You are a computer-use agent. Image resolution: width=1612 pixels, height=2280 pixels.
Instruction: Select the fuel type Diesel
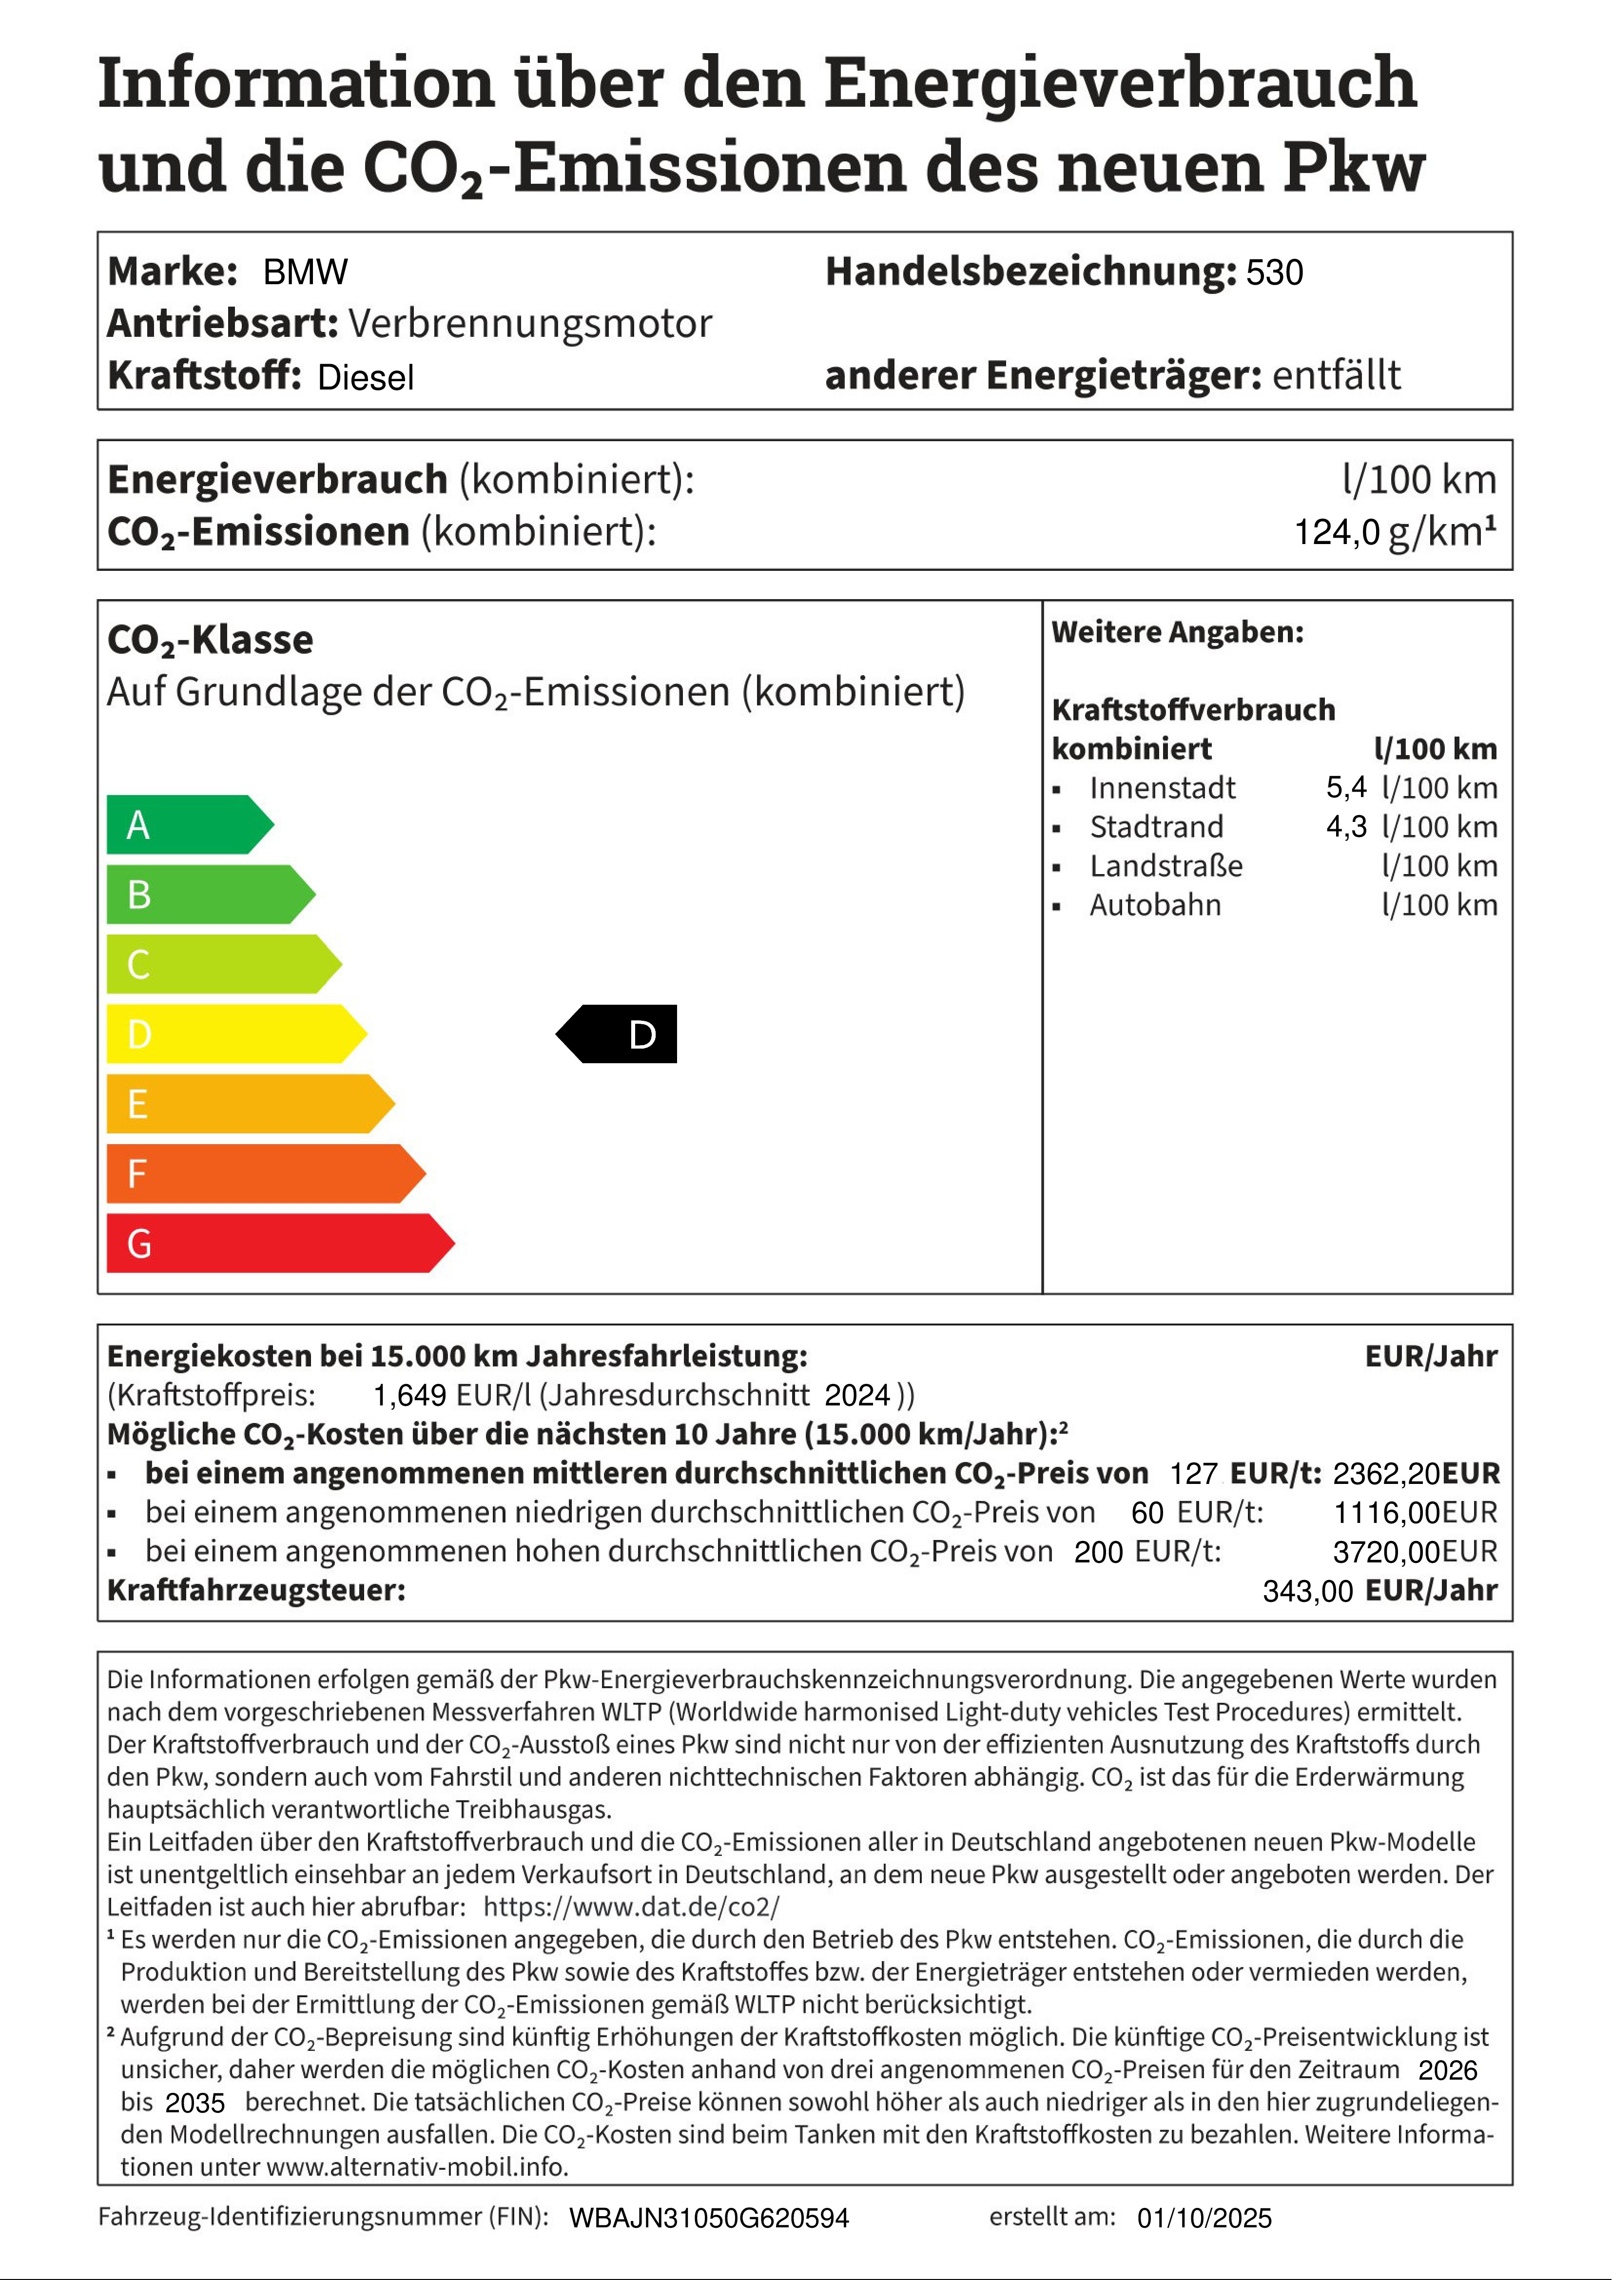tap(366, 377)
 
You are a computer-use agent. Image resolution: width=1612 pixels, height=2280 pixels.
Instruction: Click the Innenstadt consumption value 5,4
tap(1346, 787)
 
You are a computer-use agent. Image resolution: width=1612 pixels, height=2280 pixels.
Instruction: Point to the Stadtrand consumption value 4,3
tap(1346, 826)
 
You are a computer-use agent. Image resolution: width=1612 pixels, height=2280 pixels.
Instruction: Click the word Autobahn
tap(1155, 905)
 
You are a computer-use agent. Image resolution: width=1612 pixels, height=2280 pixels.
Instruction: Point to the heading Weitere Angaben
tap(1177, 632)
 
